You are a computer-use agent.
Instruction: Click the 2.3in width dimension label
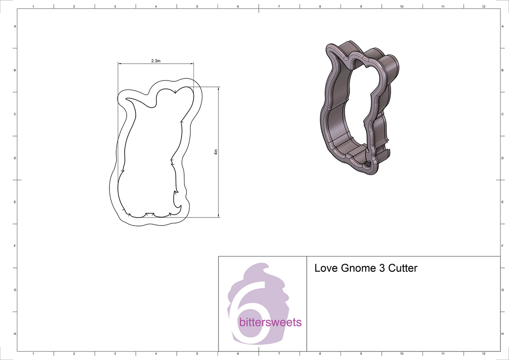156,61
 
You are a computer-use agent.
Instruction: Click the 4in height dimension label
215,152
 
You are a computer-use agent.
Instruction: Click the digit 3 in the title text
379,268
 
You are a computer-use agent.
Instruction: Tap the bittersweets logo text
270,322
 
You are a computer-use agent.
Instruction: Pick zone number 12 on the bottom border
484,353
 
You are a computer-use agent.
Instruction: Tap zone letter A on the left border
15,26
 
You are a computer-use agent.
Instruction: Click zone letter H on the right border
502,334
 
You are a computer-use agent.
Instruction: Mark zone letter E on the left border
15,202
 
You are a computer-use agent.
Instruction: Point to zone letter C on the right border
502,114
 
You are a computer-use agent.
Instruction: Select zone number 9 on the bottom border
361,353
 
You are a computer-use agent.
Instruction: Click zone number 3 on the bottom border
115,353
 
